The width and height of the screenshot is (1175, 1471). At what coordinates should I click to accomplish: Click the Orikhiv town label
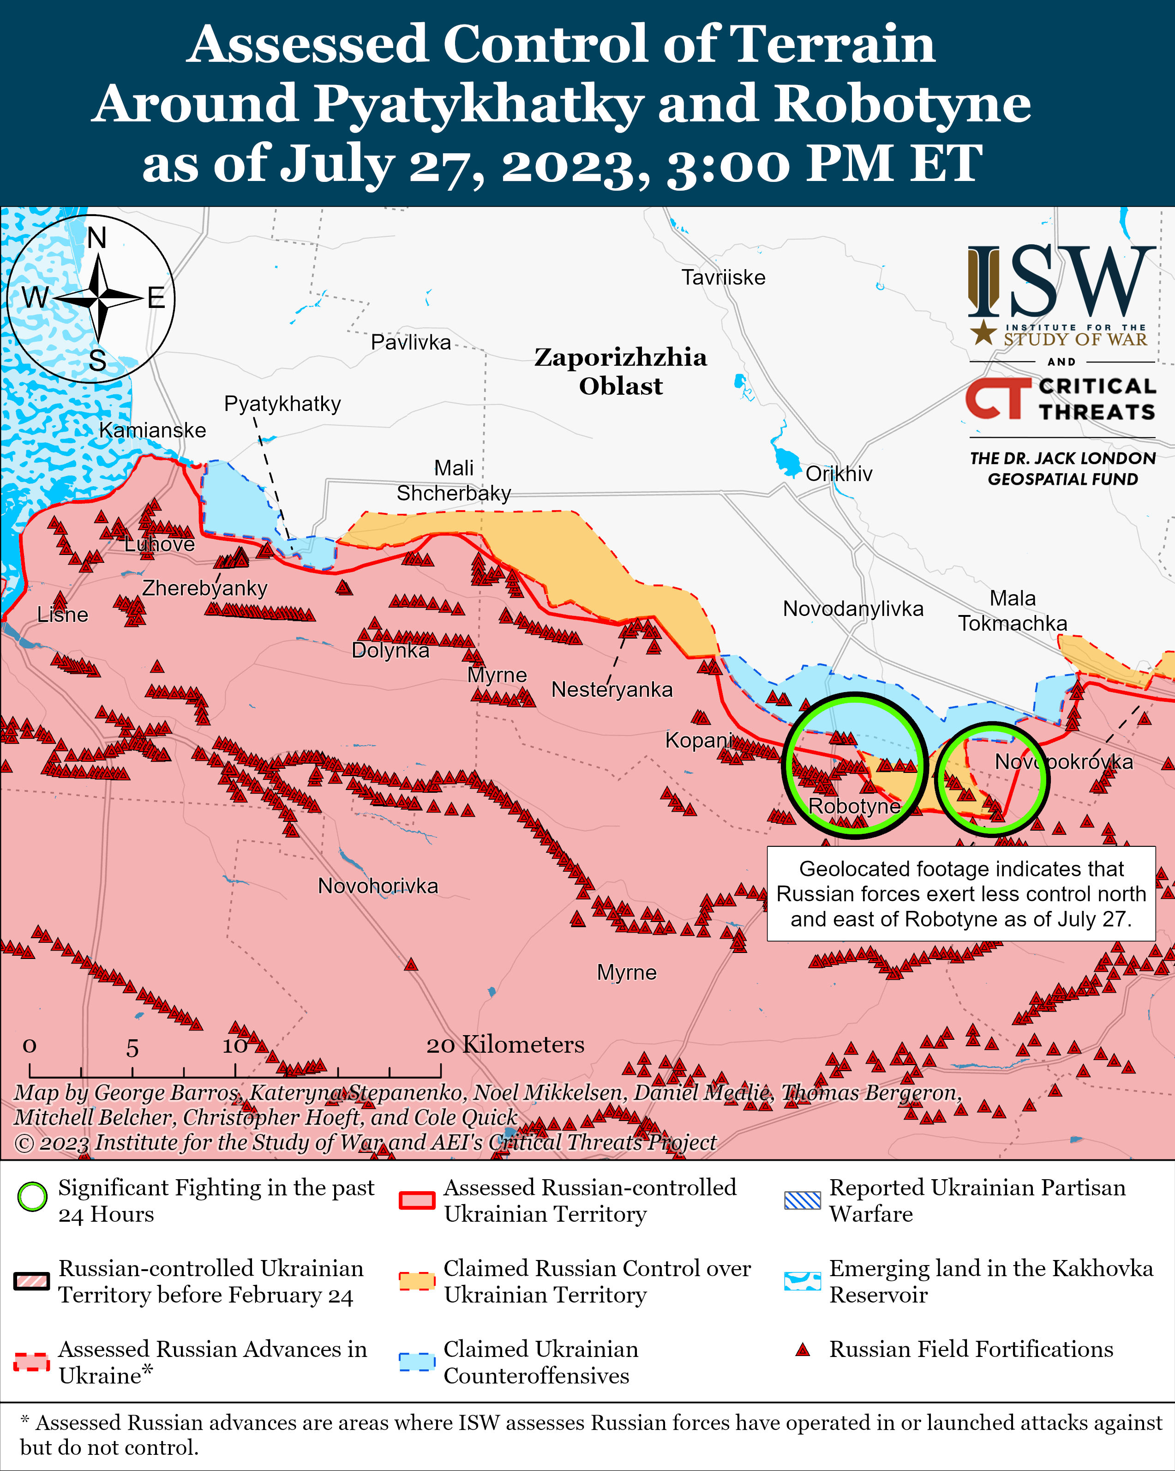click(x=839, y=474)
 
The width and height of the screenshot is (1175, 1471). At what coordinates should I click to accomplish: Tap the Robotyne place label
click(x=854, y=806)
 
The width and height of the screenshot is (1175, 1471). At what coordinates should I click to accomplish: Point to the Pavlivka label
click(x=411, y=342)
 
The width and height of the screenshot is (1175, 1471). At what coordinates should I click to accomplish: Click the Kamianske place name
click(x=152, y=430)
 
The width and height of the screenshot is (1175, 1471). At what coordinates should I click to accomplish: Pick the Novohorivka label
click(x=378, y=886)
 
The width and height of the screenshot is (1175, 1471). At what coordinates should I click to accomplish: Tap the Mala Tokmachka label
click(x=1013, y=611)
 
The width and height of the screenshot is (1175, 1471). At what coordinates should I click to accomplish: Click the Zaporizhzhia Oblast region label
click(x=621, y=371)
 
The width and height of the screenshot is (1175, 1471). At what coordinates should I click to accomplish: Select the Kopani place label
click(x=698, y=740)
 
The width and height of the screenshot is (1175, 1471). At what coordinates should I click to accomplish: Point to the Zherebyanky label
click(x=204, y=587)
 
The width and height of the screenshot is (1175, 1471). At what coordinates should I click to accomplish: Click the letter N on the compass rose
click(x=97, y=238)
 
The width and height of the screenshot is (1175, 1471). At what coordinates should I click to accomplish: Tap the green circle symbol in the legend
click(x=32, y=1196)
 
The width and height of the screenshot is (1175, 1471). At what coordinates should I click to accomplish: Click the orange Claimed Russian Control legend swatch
click(x=417, y=1281)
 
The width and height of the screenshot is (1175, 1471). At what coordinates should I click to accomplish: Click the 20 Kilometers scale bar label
click(x=505, y=1044)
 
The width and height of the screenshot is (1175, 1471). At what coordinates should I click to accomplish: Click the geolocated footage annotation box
click(x=960, y=894)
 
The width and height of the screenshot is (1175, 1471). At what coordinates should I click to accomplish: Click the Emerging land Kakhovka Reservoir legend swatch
click(x=802, y=1281)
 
